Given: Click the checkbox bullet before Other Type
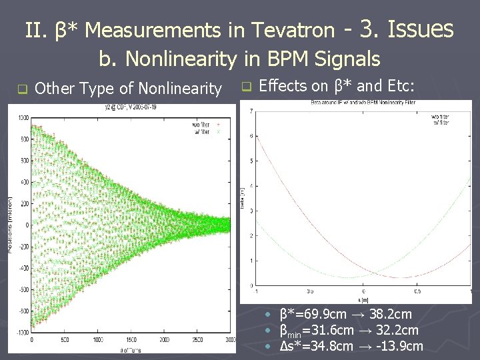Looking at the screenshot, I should pyautogui.click(x=21, y=89).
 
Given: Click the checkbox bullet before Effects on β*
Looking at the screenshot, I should pyautogui.click(x=245, y=86).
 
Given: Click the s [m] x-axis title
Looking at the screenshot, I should pyautogui.click(x=363, y=301).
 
